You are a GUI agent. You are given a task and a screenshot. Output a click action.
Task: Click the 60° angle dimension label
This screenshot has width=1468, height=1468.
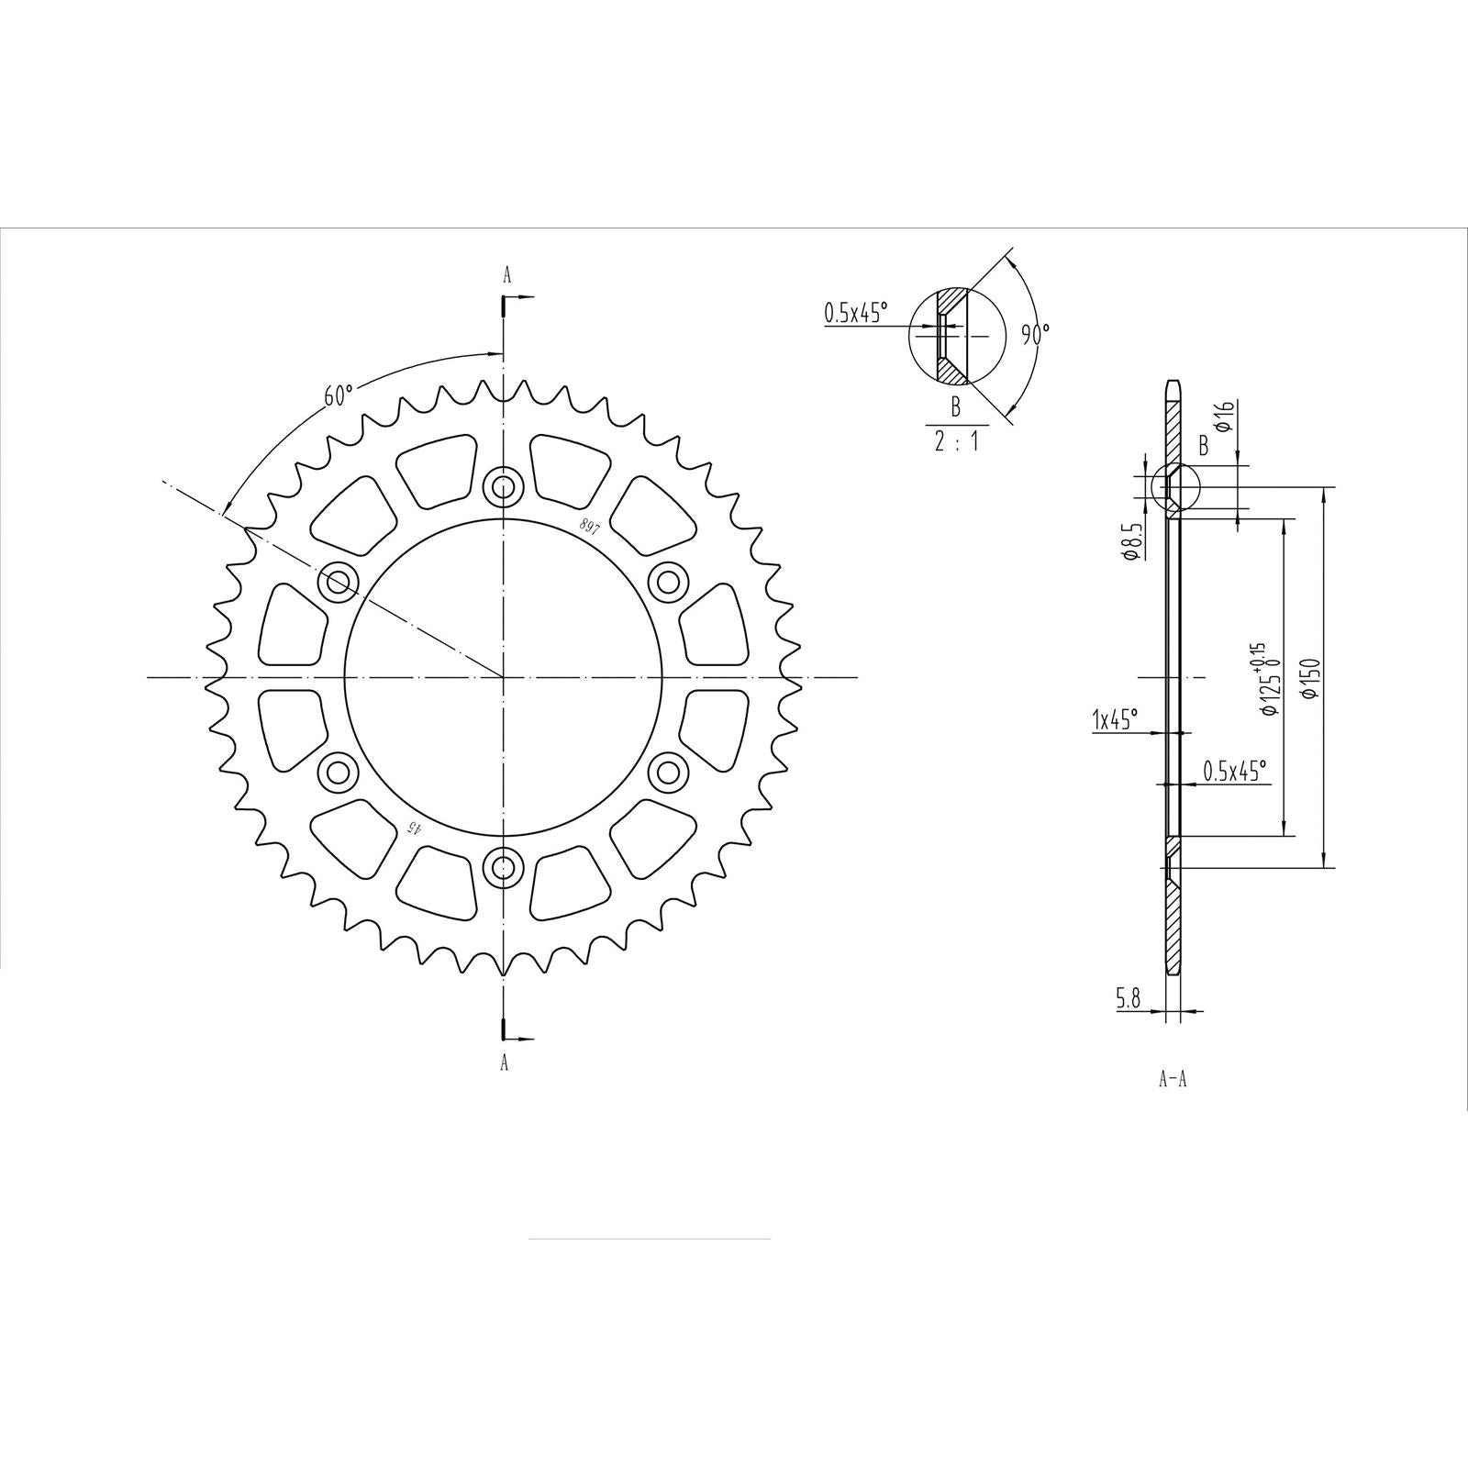(x=338, y=395)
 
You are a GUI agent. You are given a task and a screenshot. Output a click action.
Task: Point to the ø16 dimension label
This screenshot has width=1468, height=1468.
(x=1222, y=417)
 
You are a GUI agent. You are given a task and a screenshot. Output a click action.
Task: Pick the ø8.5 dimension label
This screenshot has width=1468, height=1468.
(x=1132, y=541)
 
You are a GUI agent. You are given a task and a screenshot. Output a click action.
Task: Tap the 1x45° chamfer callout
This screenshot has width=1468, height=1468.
(x=1114, y=720)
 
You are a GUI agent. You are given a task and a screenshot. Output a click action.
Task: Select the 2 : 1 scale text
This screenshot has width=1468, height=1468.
(x=955, y=440)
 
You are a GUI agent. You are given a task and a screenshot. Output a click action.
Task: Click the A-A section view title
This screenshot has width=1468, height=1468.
(x=1172, y=1080)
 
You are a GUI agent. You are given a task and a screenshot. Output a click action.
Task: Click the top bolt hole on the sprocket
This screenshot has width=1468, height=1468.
(x=503, y=486)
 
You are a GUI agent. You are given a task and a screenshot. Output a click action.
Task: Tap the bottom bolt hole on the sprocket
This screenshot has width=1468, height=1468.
(x=503, y=865)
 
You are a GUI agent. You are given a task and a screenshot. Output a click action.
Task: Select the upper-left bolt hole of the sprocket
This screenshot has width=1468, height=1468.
(x=338, y=581)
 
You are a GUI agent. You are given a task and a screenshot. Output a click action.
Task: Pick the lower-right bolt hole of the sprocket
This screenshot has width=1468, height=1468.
(x=668, y=771)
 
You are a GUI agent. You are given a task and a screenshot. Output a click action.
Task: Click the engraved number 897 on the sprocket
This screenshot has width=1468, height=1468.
(x=587, y=526)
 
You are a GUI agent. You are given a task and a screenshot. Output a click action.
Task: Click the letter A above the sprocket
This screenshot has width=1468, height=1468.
(x=506, y=274)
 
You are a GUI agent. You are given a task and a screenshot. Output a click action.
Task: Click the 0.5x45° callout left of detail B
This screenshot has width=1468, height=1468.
(x=856, y=314)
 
